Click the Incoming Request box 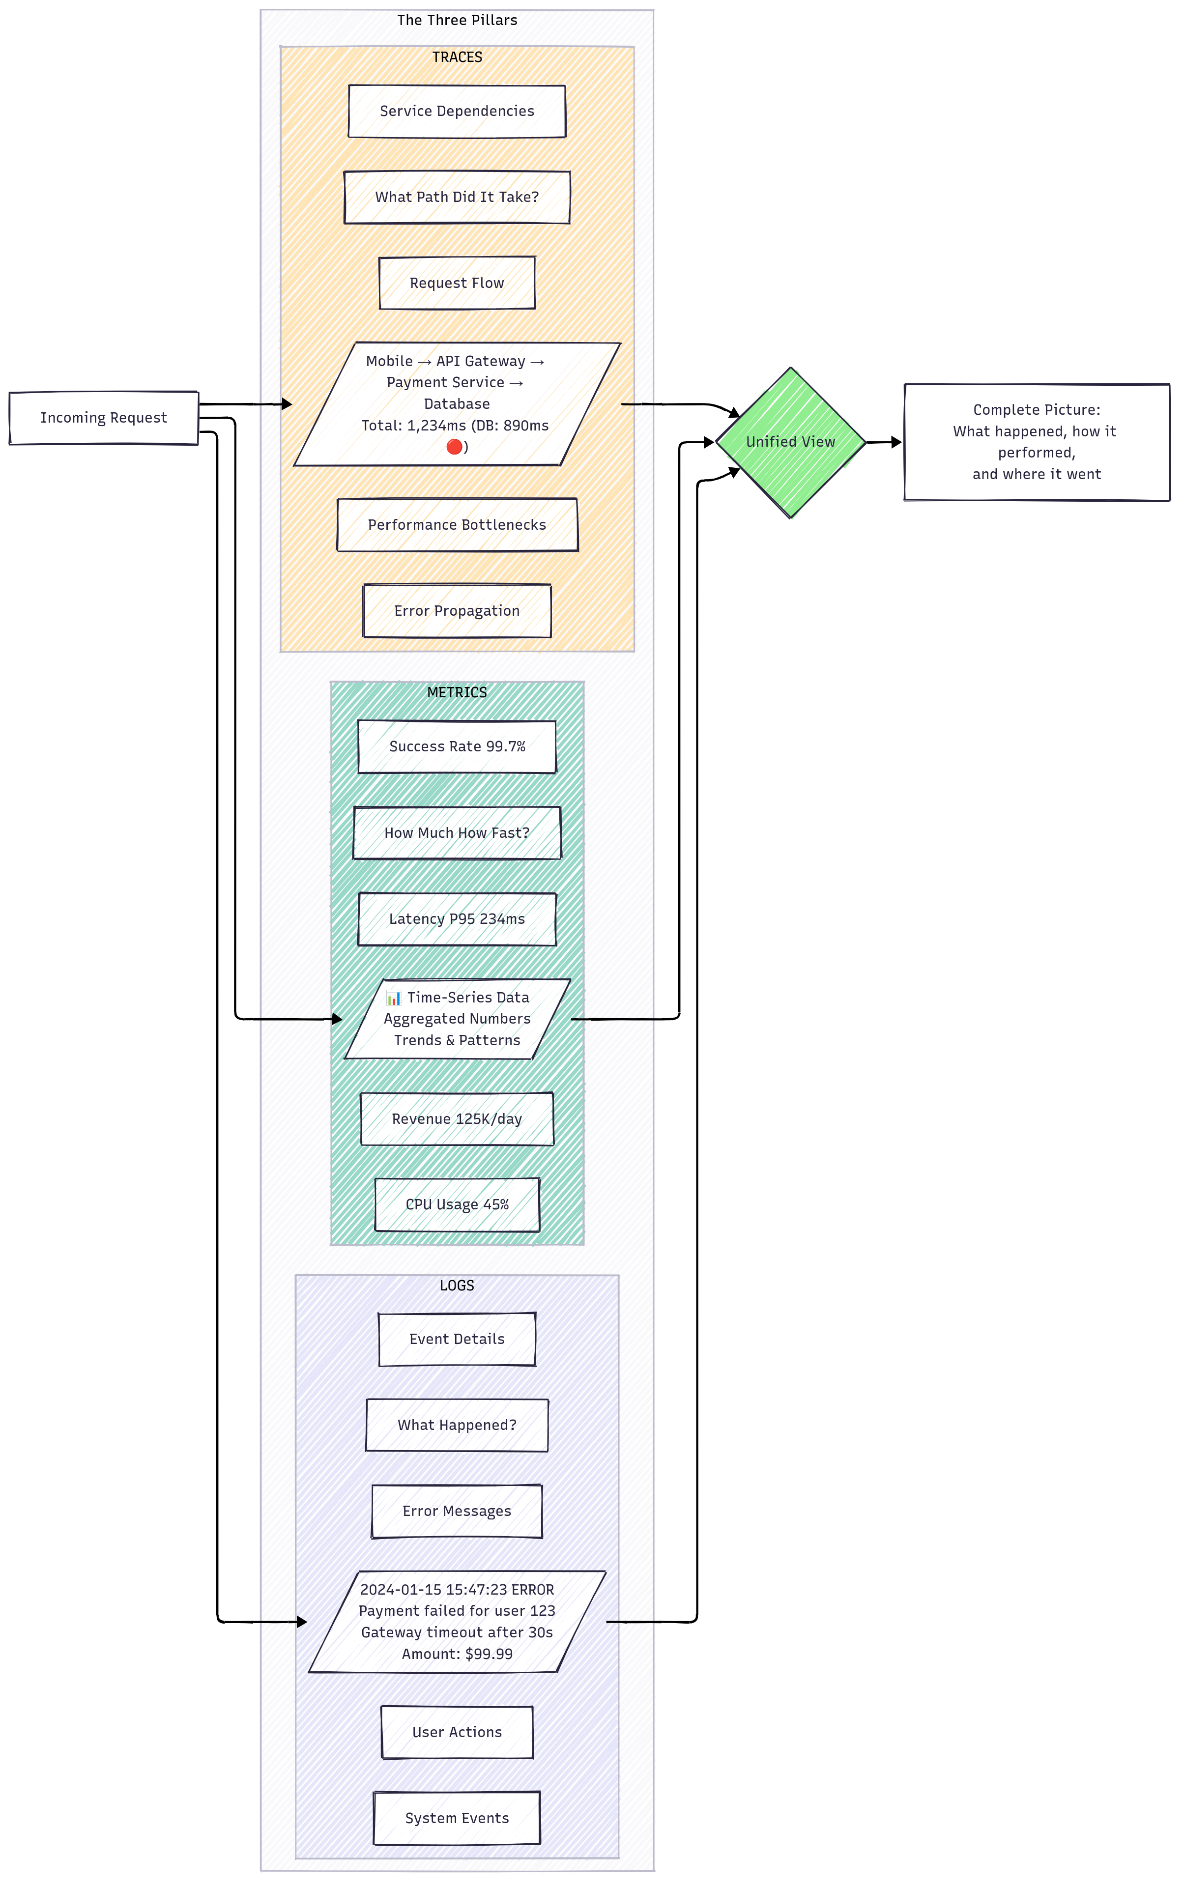103,418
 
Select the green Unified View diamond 790,442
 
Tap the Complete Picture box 1036,442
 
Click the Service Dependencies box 457,111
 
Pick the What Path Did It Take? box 457,198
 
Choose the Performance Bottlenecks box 457,525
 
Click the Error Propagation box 457,611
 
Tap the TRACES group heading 457,57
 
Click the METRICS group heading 457,692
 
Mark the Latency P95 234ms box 457,919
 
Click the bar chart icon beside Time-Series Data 394,999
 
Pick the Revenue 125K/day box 457,1119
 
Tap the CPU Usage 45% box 457,1205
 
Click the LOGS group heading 457,1286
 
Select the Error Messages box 457,1511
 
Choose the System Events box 457,1818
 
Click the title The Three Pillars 457,20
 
